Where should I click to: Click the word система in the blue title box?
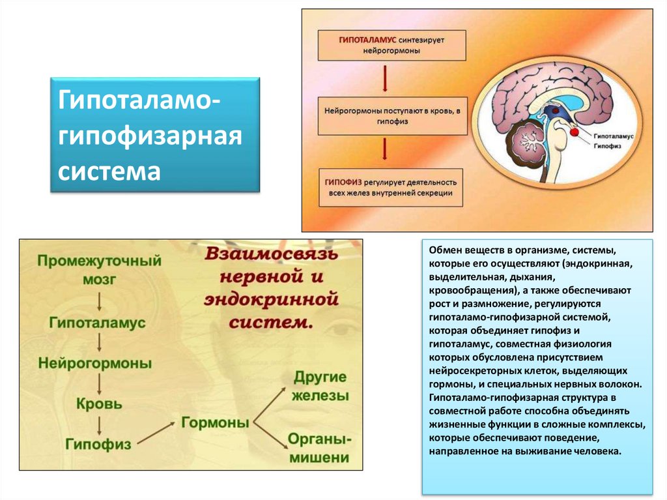click(109, 172)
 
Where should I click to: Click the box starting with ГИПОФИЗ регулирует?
click(392, 187)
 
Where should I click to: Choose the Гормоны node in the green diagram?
click(215, 422)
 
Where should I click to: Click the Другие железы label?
click(320, 386)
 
